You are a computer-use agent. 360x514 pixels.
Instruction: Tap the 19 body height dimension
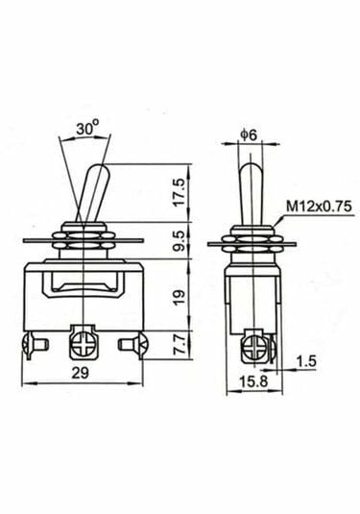coord(179,298)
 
